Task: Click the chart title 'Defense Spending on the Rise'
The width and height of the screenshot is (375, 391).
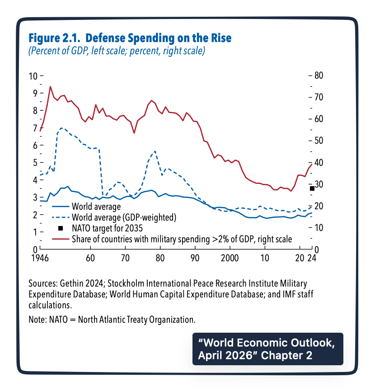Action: click(x=153, y=38)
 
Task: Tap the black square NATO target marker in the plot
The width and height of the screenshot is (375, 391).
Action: click(x=312, y=188)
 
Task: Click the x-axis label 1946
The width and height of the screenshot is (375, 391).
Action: click(x=40, y=259)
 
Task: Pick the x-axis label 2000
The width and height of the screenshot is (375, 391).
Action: click(x=230, y=259)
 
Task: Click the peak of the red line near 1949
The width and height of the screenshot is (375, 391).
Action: click(x=50, y=86)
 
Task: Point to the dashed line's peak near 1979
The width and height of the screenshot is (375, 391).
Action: click(x=155, y=151)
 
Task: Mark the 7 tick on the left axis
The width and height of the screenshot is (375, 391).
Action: click(x=34, y=128)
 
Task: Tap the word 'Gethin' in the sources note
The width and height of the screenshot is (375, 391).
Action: click(x=71, y=284)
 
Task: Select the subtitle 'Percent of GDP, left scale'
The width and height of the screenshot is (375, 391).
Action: click(x=76, y=51)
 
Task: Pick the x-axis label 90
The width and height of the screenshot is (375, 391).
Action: click(x=195, y=259)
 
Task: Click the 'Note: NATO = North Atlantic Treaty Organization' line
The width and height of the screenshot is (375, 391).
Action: click(x=112, y=320)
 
